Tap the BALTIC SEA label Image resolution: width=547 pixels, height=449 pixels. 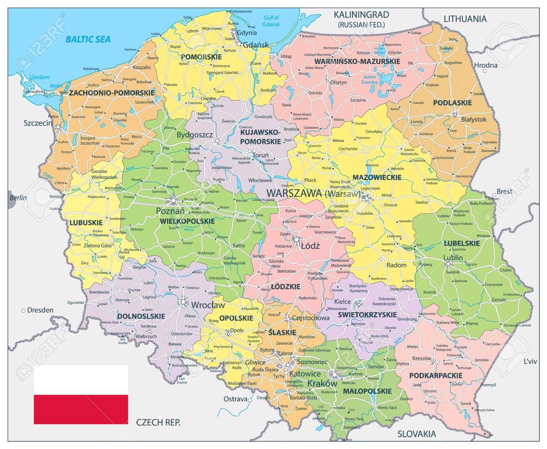88,40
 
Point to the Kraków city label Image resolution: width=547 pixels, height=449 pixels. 323,384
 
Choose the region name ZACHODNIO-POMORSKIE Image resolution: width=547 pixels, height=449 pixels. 112,93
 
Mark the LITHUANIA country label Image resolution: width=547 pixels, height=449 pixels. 465,19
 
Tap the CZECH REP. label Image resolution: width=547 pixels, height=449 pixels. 158,422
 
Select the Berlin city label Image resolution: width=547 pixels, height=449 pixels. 18,198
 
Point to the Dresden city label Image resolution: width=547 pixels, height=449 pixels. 40,310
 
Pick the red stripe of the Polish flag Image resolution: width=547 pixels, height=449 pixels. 81,410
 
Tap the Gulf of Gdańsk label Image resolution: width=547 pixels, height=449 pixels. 271,21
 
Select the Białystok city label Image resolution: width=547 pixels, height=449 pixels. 473,120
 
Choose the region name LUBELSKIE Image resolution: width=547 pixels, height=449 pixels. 462,243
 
